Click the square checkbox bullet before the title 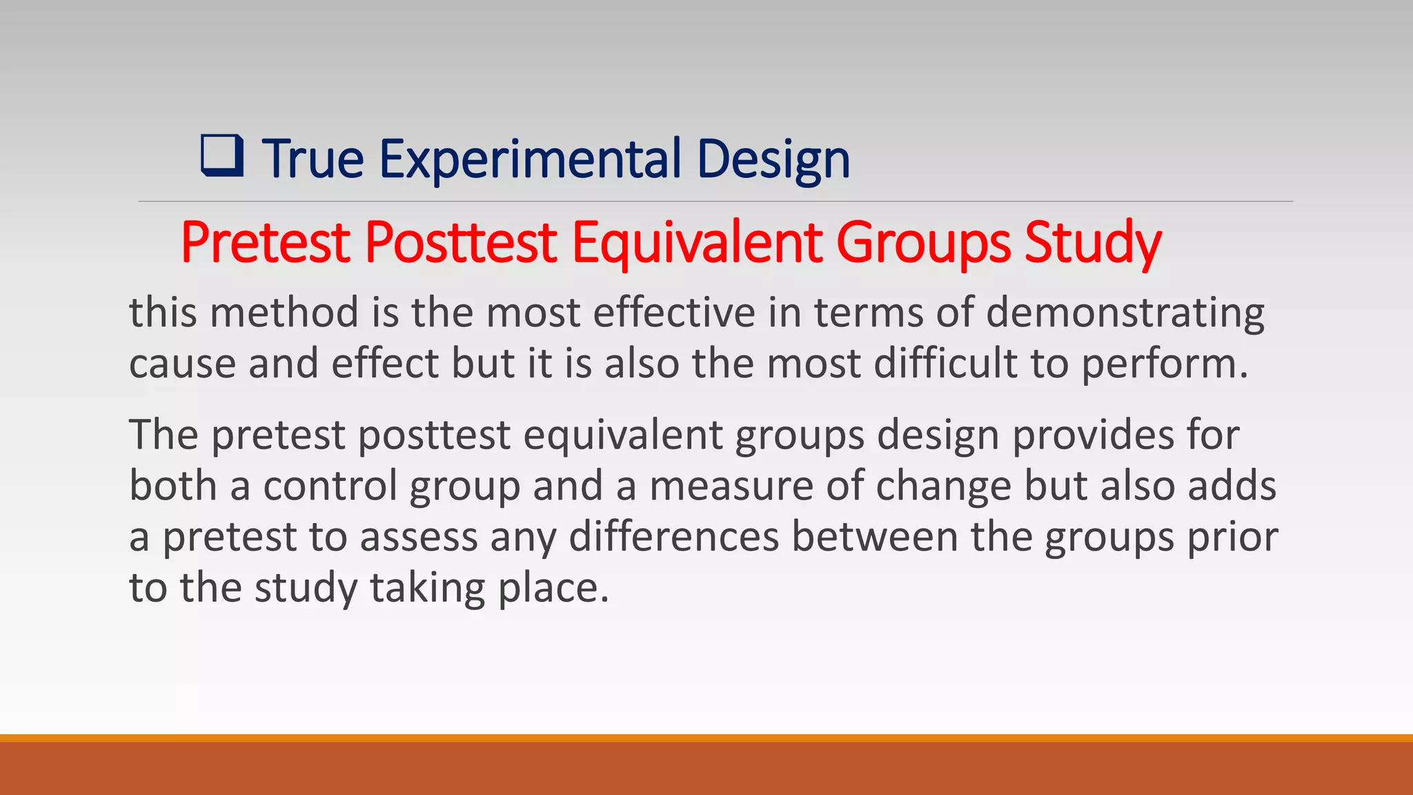click(x=222, y=156)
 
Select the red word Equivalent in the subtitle click(x=697, y=243)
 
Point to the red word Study click(x=1093, y=243)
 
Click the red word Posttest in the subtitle click(x=460, y=243)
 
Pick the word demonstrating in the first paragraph click(x=1125, y=313)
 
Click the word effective click(x=674, y=313)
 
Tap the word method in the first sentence click(x=284, y=313)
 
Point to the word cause click(x=182, y=364)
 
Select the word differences click(x=673, y=537)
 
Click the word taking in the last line click(x=428, y=588)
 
